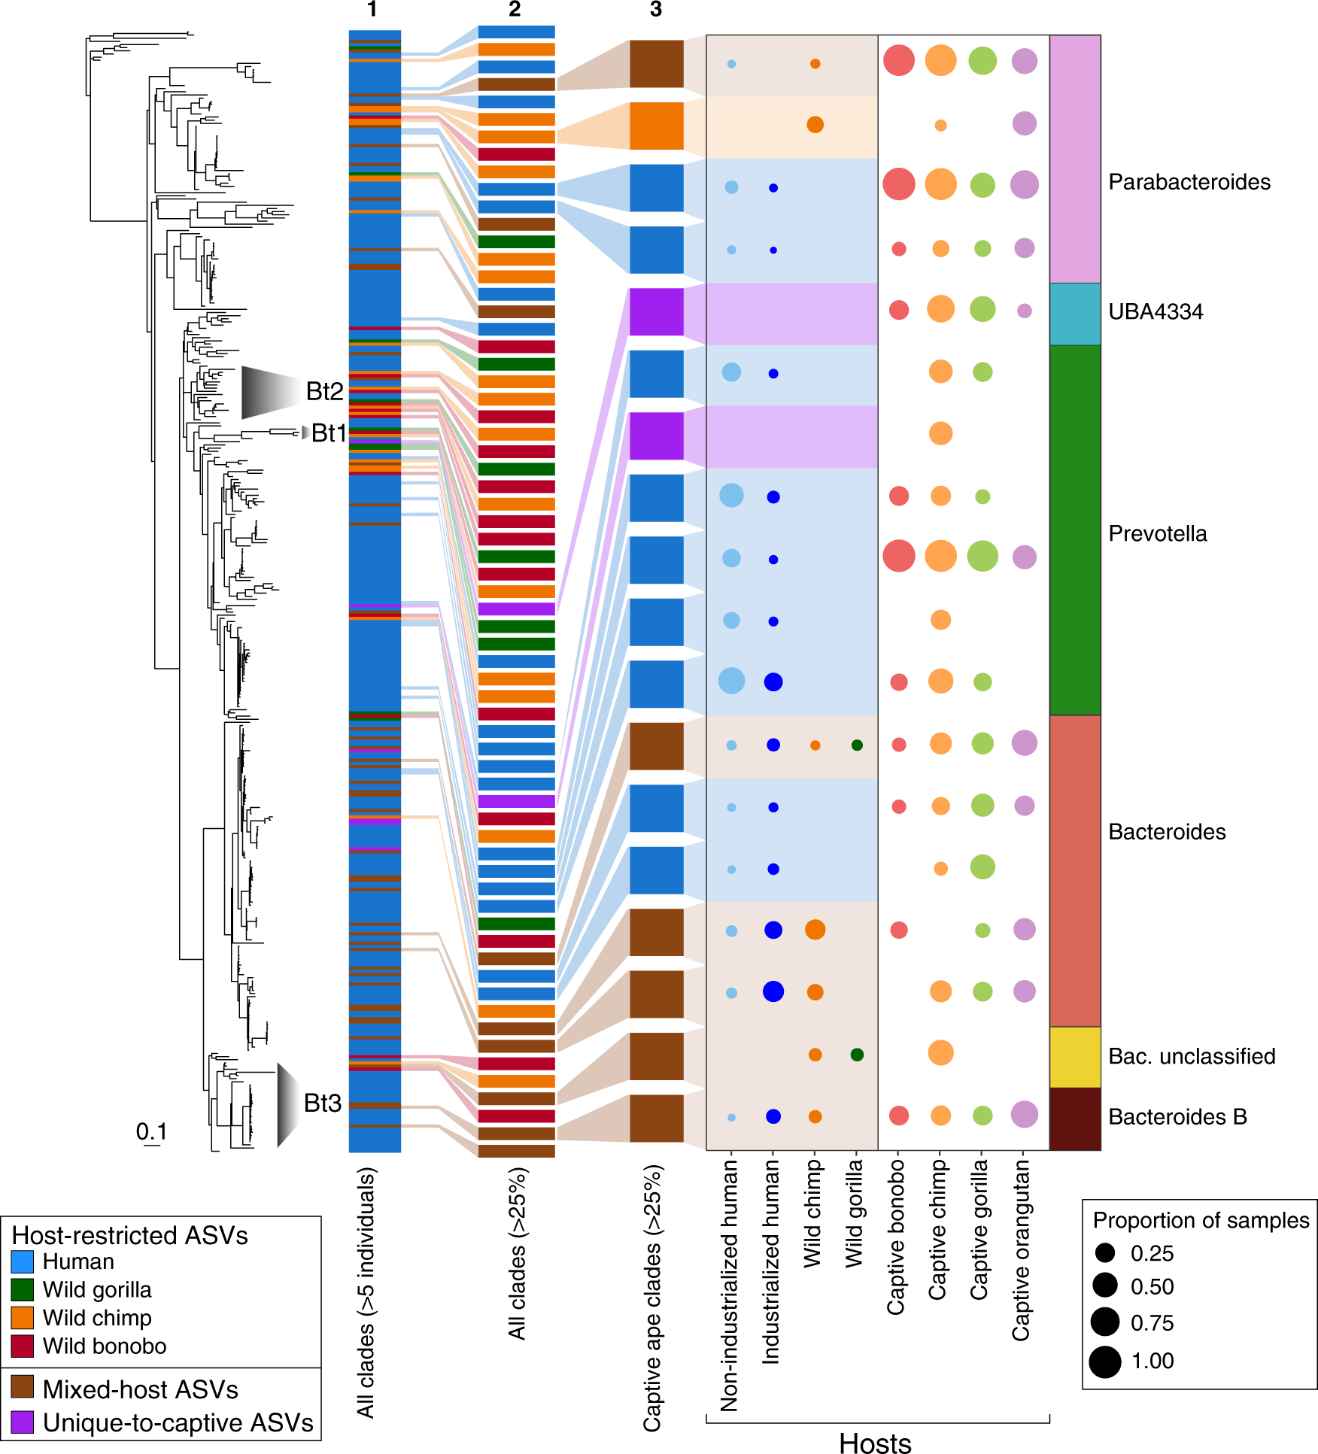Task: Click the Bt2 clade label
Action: pos(324,391)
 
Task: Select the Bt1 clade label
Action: pos(329,433)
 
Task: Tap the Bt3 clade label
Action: pos(323,1103)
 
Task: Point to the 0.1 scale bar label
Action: pos(151,1131)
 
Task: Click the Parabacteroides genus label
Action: pos(1189,182)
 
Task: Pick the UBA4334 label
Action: pos(1156,311)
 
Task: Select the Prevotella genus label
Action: pos(1158,534)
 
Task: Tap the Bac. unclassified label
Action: pos(1192,1056)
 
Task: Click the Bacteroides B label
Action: pos(1177,1117)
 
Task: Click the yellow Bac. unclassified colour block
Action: pos(1075,1057)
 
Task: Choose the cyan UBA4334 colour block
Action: pos(1075,314)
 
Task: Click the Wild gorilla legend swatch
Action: pos(23,1290)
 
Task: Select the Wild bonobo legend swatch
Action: pos(23,1346)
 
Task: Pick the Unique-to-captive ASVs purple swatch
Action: pos(23,1422)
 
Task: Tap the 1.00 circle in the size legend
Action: pos(1105,1361)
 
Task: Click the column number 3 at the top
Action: pos(656,10)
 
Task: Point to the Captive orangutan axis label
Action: pos(1021,1249)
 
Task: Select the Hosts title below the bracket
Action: pos(875,1443)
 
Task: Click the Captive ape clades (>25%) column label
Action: pos(652,1298)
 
